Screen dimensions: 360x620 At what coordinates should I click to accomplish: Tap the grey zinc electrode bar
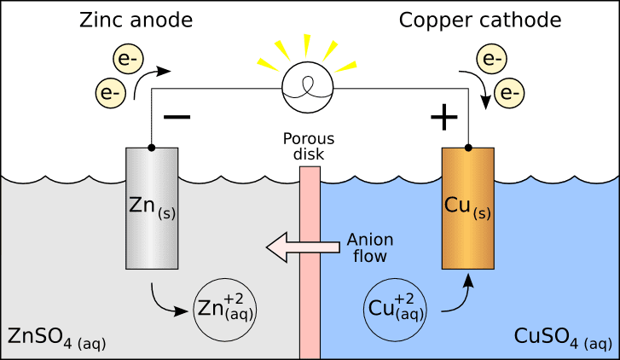coord(153,208)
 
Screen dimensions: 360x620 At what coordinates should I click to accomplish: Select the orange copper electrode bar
coord(467,208)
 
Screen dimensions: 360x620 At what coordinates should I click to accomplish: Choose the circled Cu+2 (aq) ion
coord(394,308)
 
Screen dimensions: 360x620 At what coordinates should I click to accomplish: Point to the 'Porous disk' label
coord(310,147)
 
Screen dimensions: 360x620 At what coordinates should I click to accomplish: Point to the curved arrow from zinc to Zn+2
coord(165,302)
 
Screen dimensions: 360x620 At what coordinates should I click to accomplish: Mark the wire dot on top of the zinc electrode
coord(152,147)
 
